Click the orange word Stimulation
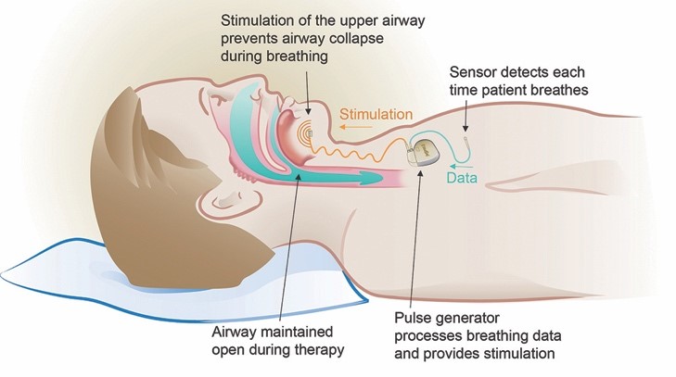376,115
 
